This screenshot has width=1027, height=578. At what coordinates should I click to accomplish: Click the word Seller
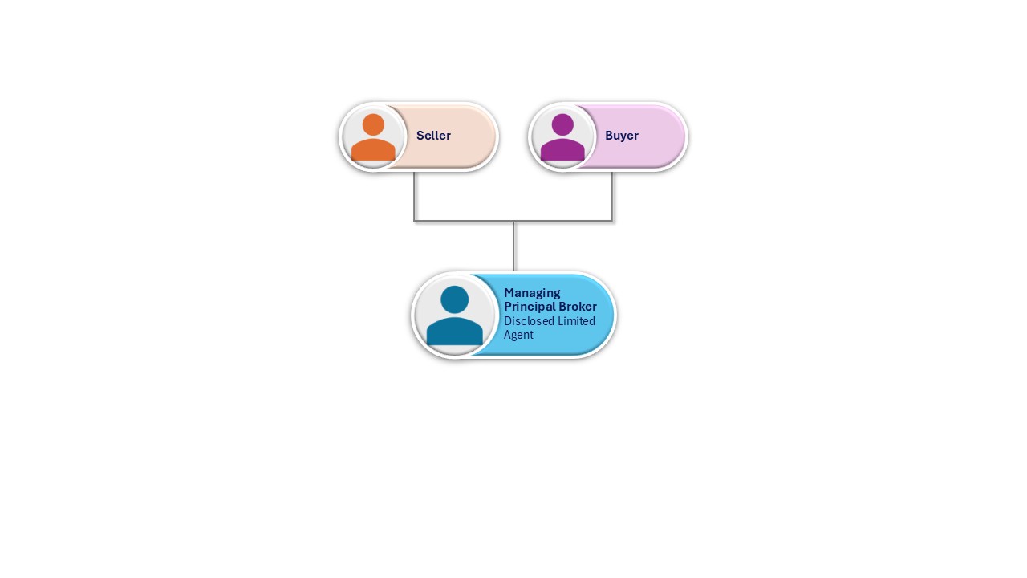(433, 136)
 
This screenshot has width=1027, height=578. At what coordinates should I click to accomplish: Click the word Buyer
(622, 136)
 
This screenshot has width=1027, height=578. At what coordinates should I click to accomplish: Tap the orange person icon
(373, 137)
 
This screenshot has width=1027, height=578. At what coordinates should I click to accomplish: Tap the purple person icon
(562, 137)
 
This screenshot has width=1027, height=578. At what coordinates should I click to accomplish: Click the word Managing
(532, 293)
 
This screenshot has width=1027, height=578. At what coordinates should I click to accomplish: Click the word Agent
(518, 335)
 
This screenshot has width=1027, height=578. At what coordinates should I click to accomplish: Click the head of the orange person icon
(373, 124)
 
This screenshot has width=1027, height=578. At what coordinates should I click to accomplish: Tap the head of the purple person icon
(562, 124)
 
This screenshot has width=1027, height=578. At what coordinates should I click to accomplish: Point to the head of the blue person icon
(454, 299)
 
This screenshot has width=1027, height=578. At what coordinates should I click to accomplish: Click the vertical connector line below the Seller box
(414, 196)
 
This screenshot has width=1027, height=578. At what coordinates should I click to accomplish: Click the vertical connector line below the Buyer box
(612, 196)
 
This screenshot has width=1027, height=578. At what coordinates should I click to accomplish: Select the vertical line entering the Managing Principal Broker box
(513, 246)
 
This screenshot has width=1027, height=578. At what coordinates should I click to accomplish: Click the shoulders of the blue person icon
(454, 332)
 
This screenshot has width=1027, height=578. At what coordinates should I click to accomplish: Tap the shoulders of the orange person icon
(373, 149)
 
